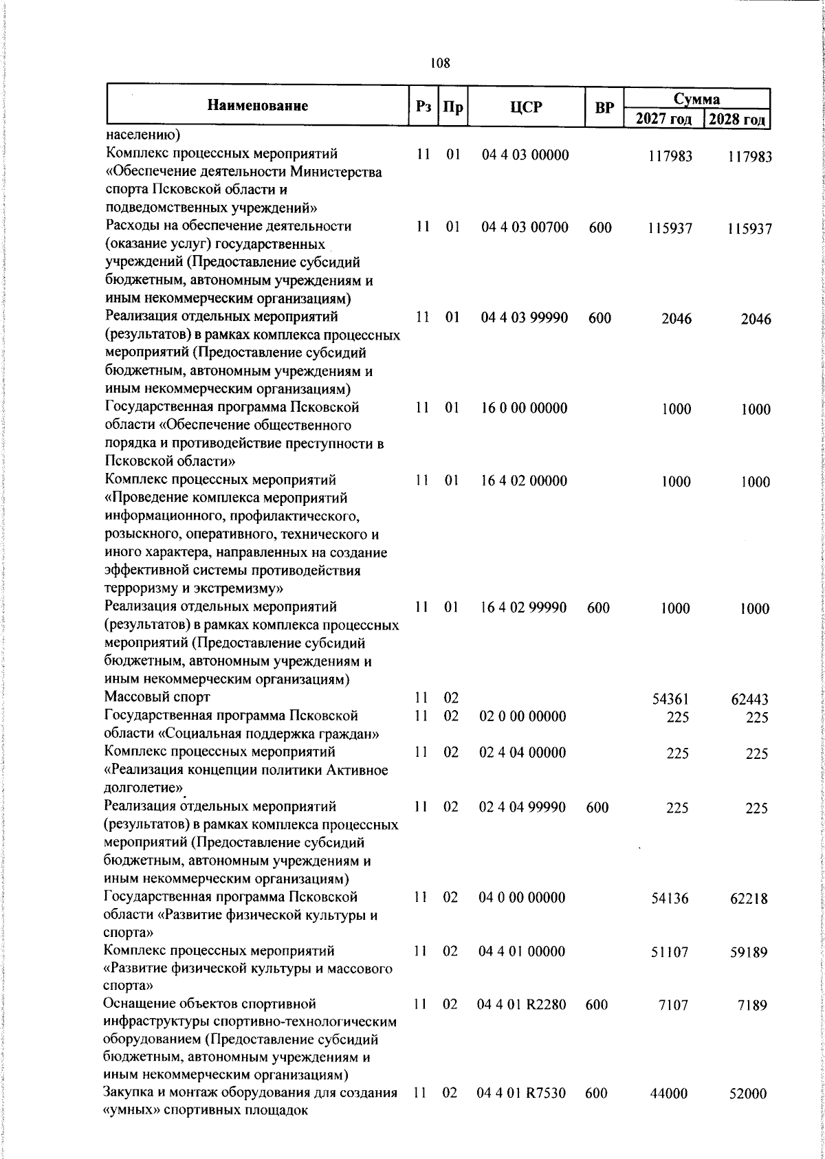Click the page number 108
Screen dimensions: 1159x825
(x=439, y=64)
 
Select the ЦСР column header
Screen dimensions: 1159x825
(x=526, y=107)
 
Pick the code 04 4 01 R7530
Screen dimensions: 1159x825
(x=522, y=1092)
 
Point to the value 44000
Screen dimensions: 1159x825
(x=670, y=1093)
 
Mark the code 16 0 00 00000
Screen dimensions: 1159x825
(x=525, y=408)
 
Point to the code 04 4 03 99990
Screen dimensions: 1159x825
(x=525, y=318)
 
